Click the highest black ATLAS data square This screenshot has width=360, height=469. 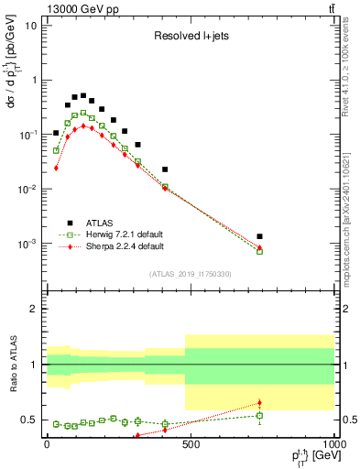pos(83,95)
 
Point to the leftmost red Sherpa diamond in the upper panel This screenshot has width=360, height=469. pos(56,168)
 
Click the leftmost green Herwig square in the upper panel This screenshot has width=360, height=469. pos(56,150)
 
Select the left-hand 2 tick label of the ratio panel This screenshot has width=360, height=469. pos(34,310)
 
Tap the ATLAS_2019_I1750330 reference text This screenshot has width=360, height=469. pos(191,274)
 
